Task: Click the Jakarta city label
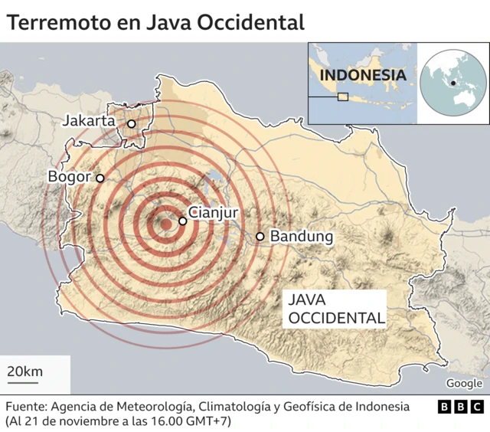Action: tap(88, 121)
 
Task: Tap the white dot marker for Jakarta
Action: tap(131, 123)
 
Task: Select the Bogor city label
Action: tap(69, 176)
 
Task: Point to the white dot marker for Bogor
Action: tap(100, 178)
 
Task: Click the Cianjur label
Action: tap(214, 213)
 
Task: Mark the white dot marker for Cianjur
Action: tap(182, 221)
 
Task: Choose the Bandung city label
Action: tap(302, 237)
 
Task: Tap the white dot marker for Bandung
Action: tap(260, 237)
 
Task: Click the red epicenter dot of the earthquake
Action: tap(165, 224)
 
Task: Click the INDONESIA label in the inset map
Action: tap(362, 75)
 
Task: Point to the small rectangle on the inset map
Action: tap(343, 97)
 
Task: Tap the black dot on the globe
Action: tap(454, 83)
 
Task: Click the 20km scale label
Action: tap(24, 372)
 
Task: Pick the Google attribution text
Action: tap(464, 384)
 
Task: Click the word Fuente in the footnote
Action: tap(27, 406)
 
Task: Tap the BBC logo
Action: tap(460, 407)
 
